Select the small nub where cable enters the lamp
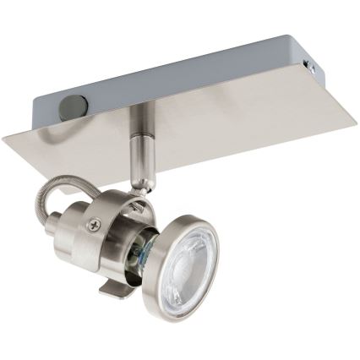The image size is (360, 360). pyautogui.click(x=68, y=229)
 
